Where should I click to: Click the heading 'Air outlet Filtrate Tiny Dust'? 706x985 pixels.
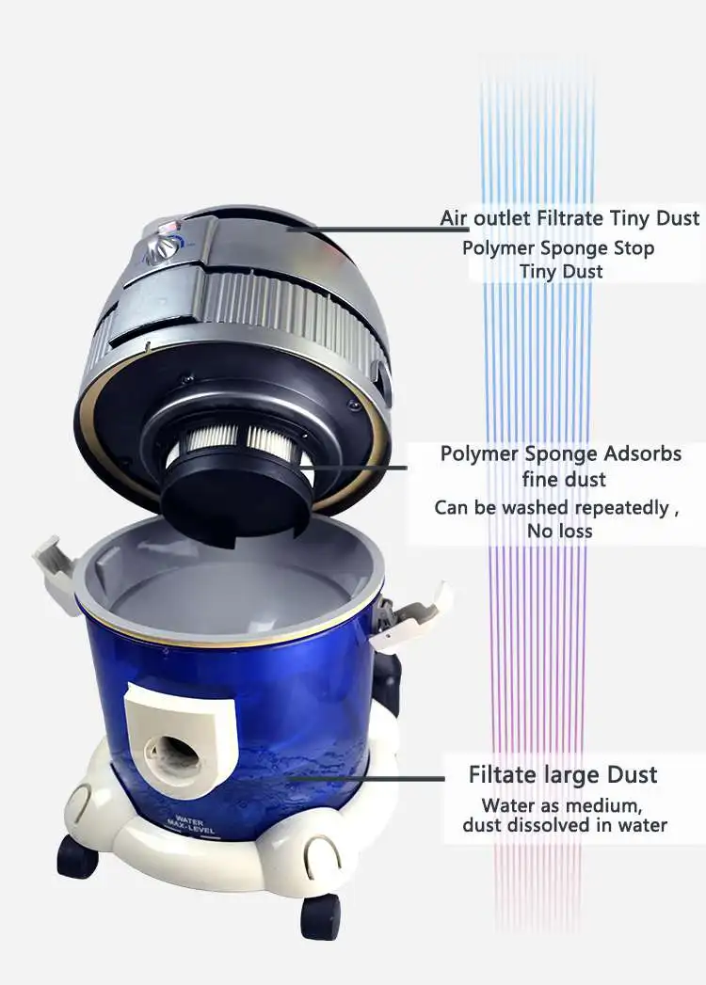[x=570, y=218]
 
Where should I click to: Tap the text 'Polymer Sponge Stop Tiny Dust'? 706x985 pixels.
[x=558, y=260]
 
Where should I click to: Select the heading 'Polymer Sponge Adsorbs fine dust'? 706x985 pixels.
[x=561, y=466]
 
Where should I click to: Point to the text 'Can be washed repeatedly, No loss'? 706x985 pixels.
[x=555, y=518]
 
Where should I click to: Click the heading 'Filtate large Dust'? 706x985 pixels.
[x=563, y=775]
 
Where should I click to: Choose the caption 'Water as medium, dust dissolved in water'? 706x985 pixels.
[x=565, y=816]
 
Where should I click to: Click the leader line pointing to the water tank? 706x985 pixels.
[x=367, y=778]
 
